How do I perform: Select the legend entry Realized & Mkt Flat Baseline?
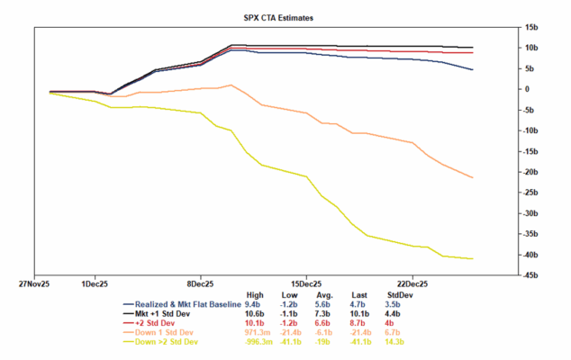click(188, 306)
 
